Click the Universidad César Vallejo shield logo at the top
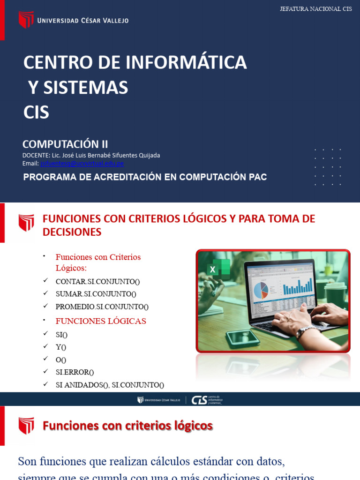pyautogui.click(x=26, y=20)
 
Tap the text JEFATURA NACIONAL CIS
pyautogui.click(x=315, y=9)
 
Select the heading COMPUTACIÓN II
pyautogui.click(x=65, y=144)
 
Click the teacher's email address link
pyautogui.click(x=82, y=164)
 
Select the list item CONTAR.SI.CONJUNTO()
pyautogui.click(x=97, y=281)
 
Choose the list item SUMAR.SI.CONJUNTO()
pyautogui.click(x=96, y=294)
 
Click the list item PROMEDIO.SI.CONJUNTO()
pyautogui.click(x=102, y=307)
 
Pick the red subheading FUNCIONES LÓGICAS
pyautogui.click(x=101, y=321)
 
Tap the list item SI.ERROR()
pyautogui.click(x=75, y=372)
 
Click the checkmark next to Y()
pyautogui.click(x=45, y=346)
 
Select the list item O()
pyautogui.click(x=61, y=360)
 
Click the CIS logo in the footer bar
pyautogui.click(x=199, y=400)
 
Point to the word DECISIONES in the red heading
pyautogui.click(x=72, y=232)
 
